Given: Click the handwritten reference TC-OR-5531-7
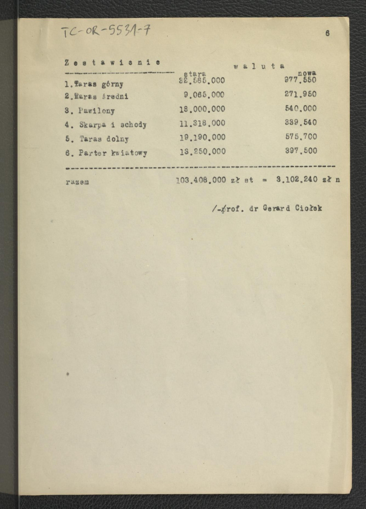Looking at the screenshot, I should (105, 31).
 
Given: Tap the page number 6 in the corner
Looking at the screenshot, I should (327, 34).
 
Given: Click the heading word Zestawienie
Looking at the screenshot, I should (112, 63).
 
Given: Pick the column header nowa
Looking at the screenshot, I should (307, 73).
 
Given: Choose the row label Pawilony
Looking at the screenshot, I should (97, 111).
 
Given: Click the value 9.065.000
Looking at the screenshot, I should (204, 95).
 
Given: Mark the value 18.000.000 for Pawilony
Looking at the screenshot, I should (202, 109).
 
